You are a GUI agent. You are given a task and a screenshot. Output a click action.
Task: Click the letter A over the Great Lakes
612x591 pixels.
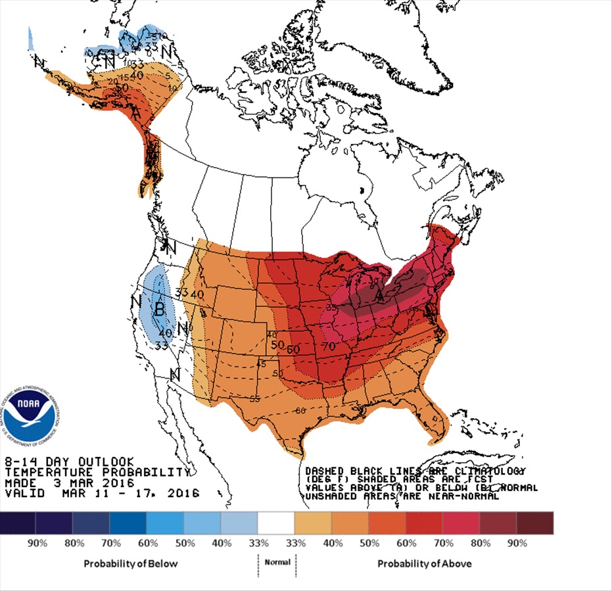pos(379,297)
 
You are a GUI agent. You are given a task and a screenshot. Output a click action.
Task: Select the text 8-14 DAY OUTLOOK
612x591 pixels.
pos(69,461)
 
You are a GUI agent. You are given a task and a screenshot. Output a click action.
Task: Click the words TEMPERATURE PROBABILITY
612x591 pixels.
pos(97,472)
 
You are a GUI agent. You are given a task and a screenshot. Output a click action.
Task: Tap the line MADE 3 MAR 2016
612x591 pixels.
pos(68,483)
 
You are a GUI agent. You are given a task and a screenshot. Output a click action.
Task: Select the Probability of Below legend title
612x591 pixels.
pos(130,563)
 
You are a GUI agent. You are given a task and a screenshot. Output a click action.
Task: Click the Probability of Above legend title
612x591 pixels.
pos(424,563)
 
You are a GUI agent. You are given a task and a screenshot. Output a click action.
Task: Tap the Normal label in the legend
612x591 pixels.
pos(277,563)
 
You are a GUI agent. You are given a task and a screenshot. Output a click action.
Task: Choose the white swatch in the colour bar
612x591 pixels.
pos(276,523)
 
